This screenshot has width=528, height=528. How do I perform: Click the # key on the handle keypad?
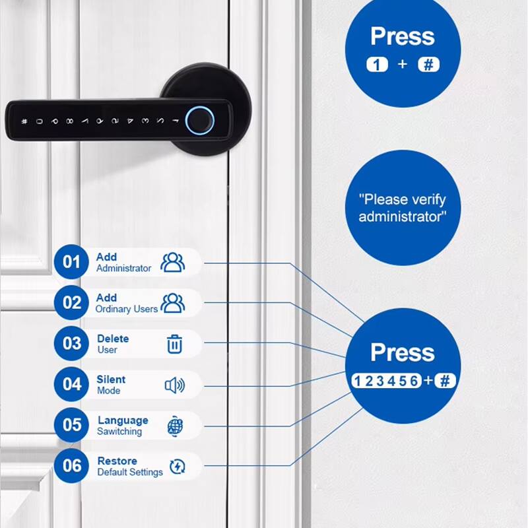[x=24, y=121]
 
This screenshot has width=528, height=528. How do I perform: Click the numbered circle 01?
[x=71, y=262]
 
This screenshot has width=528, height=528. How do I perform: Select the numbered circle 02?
[x=71, y=303]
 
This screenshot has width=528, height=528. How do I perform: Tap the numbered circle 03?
[x=71, y=344]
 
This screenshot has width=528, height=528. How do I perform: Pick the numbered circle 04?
[x=71, y=384]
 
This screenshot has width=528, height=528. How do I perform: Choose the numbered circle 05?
[x=71, y=425]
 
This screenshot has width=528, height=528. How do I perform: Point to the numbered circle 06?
[x=71, y=466]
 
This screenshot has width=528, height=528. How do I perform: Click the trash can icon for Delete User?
[x=174, y=344]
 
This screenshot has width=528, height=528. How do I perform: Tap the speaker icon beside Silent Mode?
[x=174, y=385]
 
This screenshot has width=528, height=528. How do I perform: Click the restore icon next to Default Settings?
[x=177, y=467]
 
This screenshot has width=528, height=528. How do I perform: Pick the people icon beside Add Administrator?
[x=173, y=262]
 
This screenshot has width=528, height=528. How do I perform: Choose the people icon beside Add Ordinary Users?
[x=173, y=303]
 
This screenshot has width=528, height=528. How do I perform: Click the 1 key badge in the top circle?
[x=376, y=65]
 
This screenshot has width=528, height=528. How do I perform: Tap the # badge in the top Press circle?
[x=428, y=65]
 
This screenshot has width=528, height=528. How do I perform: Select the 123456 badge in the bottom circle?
[x=385, y=381]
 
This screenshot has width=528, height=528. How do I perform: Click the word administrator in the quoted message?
[x=403, y=216]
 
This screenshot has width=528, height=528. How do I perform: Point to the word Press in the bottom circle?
[x=403, y=352]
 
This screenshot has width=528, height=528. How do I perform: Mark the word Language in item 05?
[x=123, y=420]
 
